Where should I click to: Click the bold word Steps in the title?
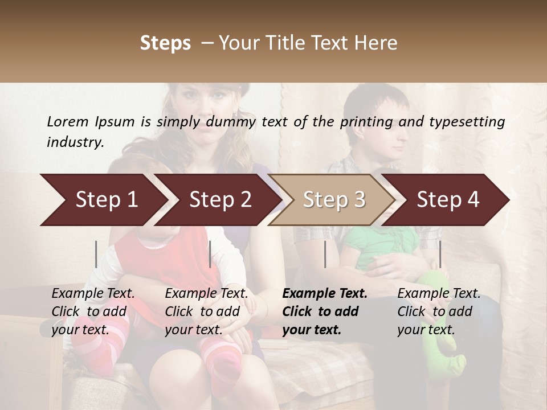(x=165, y=43)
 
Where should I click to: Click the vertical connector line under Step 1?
(x=96, y=254)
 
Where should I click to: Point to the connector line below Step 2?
(x=210, y=254)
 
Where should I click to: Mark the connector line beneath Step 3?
(x=325, y=254)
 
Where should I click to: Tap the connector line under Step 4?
(x=440, y=254)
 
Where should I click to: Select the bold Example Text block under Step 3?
(x=325, y=311)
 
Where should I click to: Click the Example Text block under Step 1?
(x=93, y=311)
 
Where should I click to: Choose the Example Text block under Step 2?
(x=207, y=311)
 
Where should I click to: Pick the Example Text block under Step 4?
(x=439, y=311)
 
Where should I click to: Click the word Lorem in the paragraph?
(x=68, y=121)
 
